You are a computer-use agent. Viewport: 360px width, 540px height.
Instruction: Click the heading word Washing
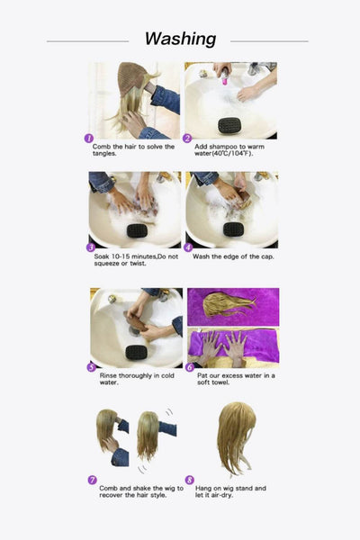pyautogui.click(x=180, y=39)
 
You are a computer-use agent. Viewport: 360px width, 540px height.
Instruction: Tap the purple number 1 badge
pyautogui.click(x=89, y=139)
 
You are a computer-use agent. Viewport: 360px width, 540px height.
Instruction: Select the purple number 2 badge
pyautogui.click(x=188, y=139)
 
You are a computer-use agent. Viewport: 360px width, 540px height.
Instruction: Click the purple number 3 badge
pyautogui.click(x=90, y=247)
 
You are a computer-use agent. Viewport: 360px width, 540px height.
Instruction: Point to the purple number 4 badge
pyautogui.click(x=188, y=247)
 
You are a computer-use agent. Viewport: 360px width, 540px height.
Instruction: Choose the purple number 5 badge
pyautogui.click(x=90, y=367)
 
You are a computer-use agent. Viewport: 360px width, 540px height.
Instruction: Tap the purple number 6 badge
pyautogui.click(x=189, y=367)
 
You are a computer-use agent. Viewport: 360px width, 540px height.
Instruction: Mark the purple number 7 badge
pyautogui.click(x=92, y=480)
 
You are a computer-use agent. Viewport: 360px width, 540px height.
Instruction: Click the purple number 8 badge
pyautogui.click(x=189, y=480)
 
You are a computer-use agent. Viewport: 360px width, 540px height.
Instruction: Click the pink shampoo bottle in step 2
pyautogui.click(x=224, y=79)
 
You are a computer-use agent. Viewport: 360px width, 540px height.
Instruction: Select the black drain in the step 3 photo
pyautogui.click(x=137, y=230)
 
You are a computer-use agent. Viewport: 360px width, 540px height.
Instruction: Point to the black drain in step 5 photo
pyautogui.click(x=136, y=352)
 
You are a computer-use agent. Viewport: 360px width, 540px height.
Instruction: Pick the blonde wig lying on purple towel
pyautogui.click(x=228, y=304)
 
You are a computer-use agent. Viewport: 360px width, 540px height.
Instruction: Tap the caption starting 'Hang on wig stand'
pyautogui.click(x=230, y=491)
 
